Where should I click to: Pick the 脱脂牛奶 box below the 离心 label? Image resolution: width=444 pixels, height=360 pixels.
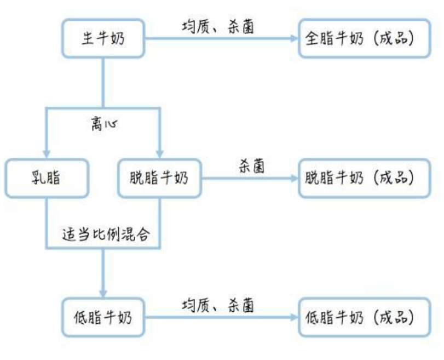point(159,178)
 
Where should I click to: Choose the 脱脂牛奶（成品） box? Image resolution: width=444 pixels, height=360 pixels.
point(364,178)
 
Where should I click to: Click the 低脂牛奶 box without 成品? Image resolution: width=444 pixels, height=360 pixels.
point(103,317)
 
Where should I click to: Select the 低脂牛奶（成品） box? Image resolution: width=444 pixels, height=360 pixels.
point(364,317)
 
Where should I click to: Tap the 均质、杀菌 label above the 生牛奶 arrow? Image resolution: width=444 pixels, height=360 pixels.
point(217,27)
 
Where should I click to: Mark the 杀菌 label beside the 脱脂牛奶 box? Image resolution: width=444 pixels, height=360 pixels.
point(251,166)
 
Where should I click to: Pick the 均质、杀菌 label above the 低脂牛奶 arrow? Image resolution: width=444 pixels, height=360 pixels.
point(217,305)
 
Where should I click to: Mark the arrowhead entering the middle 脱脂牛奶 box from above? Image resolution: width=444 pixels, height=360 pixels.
point(159,153)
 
